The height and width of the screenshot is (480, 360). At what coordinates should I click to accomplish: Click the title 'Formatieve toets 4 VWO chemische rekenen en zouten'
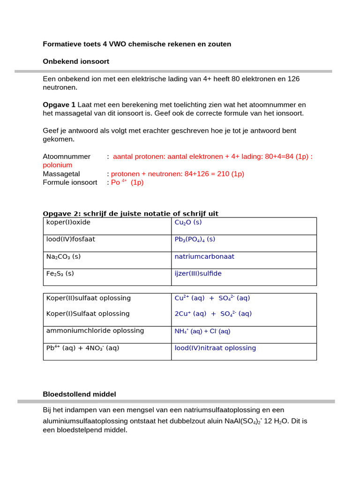(x=137, y=44)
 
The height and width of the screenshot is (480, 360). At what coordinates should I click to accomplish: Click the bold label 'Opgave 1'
(x=59, y=105)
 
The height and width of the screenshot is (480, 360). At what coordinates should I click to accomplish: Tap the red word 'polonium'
(x=58, y=165)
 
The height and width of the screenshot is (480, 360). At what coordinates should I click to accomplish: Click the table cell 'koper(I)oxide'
(x=68, y=222)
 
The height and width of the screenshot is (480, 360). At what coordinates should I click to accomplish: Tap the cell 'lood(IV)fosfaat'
(x=70, y=239)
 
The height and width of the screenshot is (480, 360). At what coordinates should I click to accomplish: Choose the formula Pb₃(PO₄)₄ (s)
(x=195, y=239)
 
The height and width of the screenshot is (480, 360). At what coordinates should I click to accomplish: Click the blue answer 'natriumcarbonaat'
(x=204, y=256)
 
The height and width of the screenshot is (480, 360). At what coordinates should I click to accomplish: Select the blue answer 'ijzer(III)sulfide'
(x=198, y=273)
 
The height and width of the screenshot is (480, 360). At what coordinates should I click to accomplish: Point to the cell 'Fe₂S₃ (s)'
(x=60, y=273)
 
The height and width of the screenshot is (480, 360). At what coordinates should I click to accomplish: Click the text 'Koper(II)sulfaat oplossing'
(x=89, y=298)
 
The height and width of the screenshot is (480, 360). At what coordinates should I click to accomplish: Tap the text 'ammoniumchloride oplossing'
(x=95, y=330)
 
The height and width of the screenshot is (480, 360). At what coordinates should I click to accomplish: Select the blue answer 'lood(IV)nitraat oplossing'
(x=215, y=348)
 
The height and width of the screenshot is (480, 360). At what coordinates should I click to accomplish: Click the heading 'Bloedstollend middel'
(x=79, y=394)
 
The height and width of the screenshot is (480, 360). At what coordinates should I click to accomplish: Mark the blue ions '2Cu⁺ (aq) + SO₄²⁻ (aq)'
(x=213, y=314)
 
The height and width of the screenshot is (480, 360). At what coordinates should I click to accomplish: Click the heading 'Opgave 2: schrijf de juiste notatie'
(x=130, y=214)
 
